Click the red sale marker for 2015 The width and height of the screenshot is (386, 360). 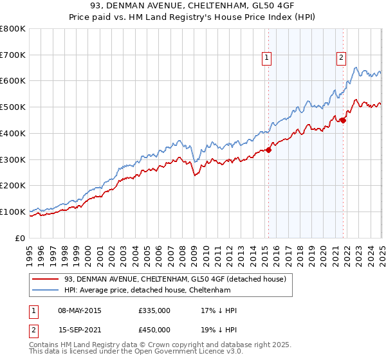[268, 150]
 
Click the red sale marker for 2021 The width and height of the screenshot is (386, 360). [343, 120]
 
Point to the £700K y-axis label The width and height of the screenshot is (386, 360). [13, 55]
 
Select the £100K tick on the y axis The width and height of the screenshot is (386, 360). [13, 212]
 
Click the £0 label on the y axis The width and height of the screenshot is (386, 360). [20, 238]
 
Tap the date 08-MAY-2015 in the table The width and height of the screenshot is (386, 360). [79, 311]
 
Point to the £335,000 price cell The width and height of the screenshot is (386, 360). [154, 311]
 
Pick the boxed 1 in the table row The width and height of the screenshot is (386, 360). [33, 311]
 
